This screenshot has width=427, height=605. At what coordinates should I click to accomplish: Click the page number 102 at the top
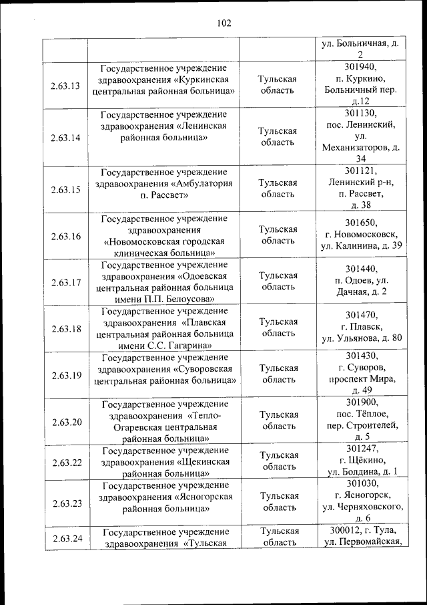click(224, 23)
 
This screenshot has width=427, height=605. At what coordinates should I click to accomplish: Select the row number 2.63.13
click(65, 86)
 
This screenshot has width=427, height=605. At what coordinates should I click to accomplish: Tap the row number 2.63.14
click(65, 138)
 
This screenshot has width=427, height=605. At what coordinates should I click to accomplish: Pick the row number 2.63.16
click(65, 236)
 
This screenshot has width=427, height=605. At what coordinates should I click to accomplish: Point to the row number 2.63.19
click(65, 375)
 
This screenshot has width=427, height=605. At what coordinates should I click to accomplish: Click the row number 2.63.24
click(65, 537)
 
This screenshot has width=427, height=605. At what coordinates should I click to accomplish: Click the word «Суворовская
click(202, 369)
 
